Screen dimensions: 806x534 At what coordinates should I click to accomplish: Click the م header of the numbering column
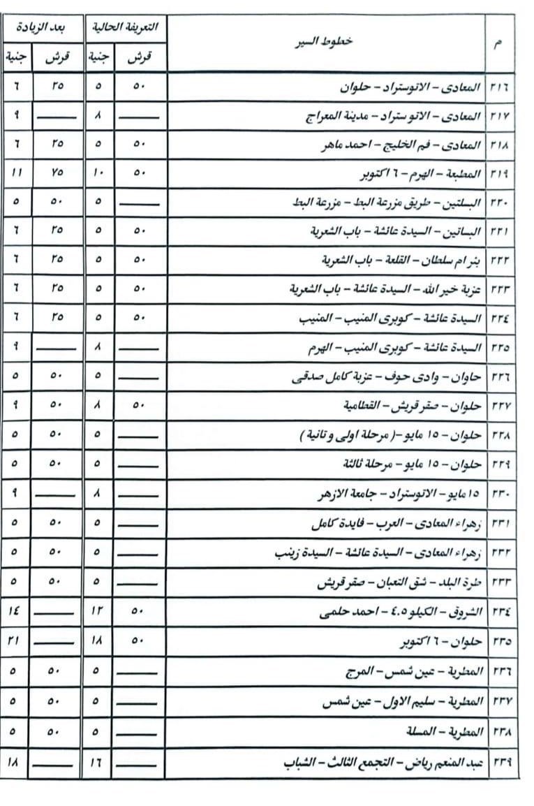pos(500,43)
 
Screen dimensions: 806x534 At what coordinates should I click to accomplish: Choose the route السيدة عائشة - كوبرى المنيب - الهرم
pos(394,347)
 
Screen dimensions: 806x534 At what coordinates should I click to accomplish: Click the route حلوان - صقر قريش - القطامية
pos(413,405)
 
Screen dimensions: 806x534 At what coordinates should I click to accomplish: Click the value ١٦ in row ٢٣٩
pos(98,763)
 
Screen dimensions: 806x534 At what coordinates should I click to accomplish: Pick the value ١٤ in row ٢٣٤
pos(15,612)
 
